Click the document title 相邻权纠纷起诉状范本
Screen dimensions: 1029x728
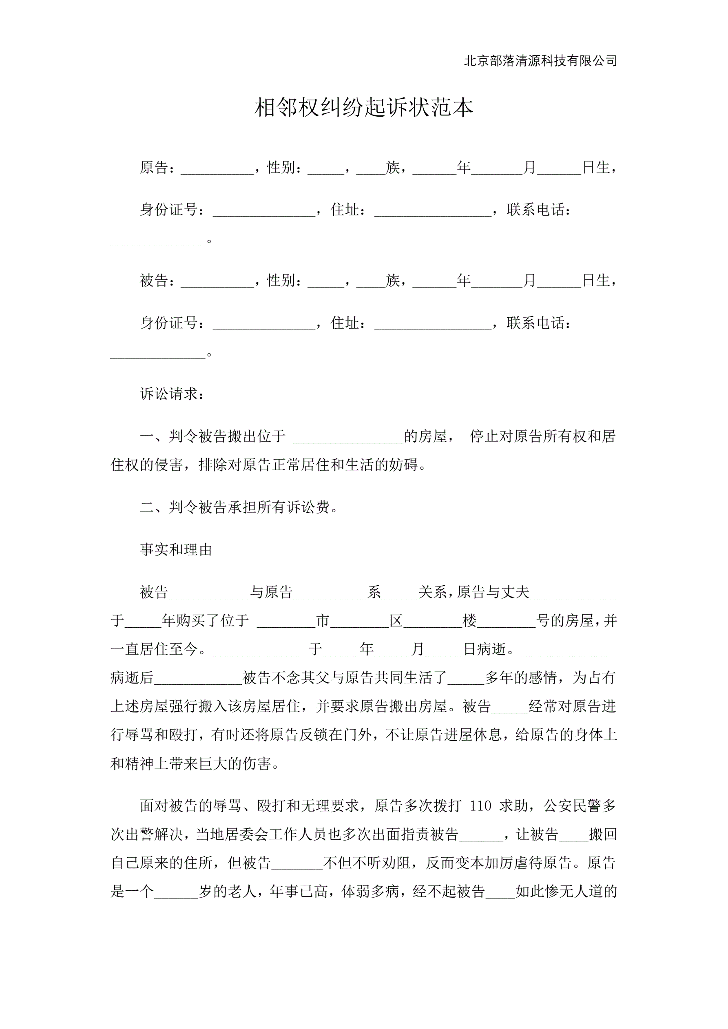[363, 108]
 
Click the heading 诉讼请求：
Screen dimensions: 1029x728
[173, 394]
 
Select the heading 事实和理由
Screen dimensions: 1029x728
[176, 549]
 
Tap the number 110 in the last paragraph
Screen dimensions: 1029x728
[480, 806]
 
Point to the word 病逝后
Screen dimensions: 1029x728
[132, 677]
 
